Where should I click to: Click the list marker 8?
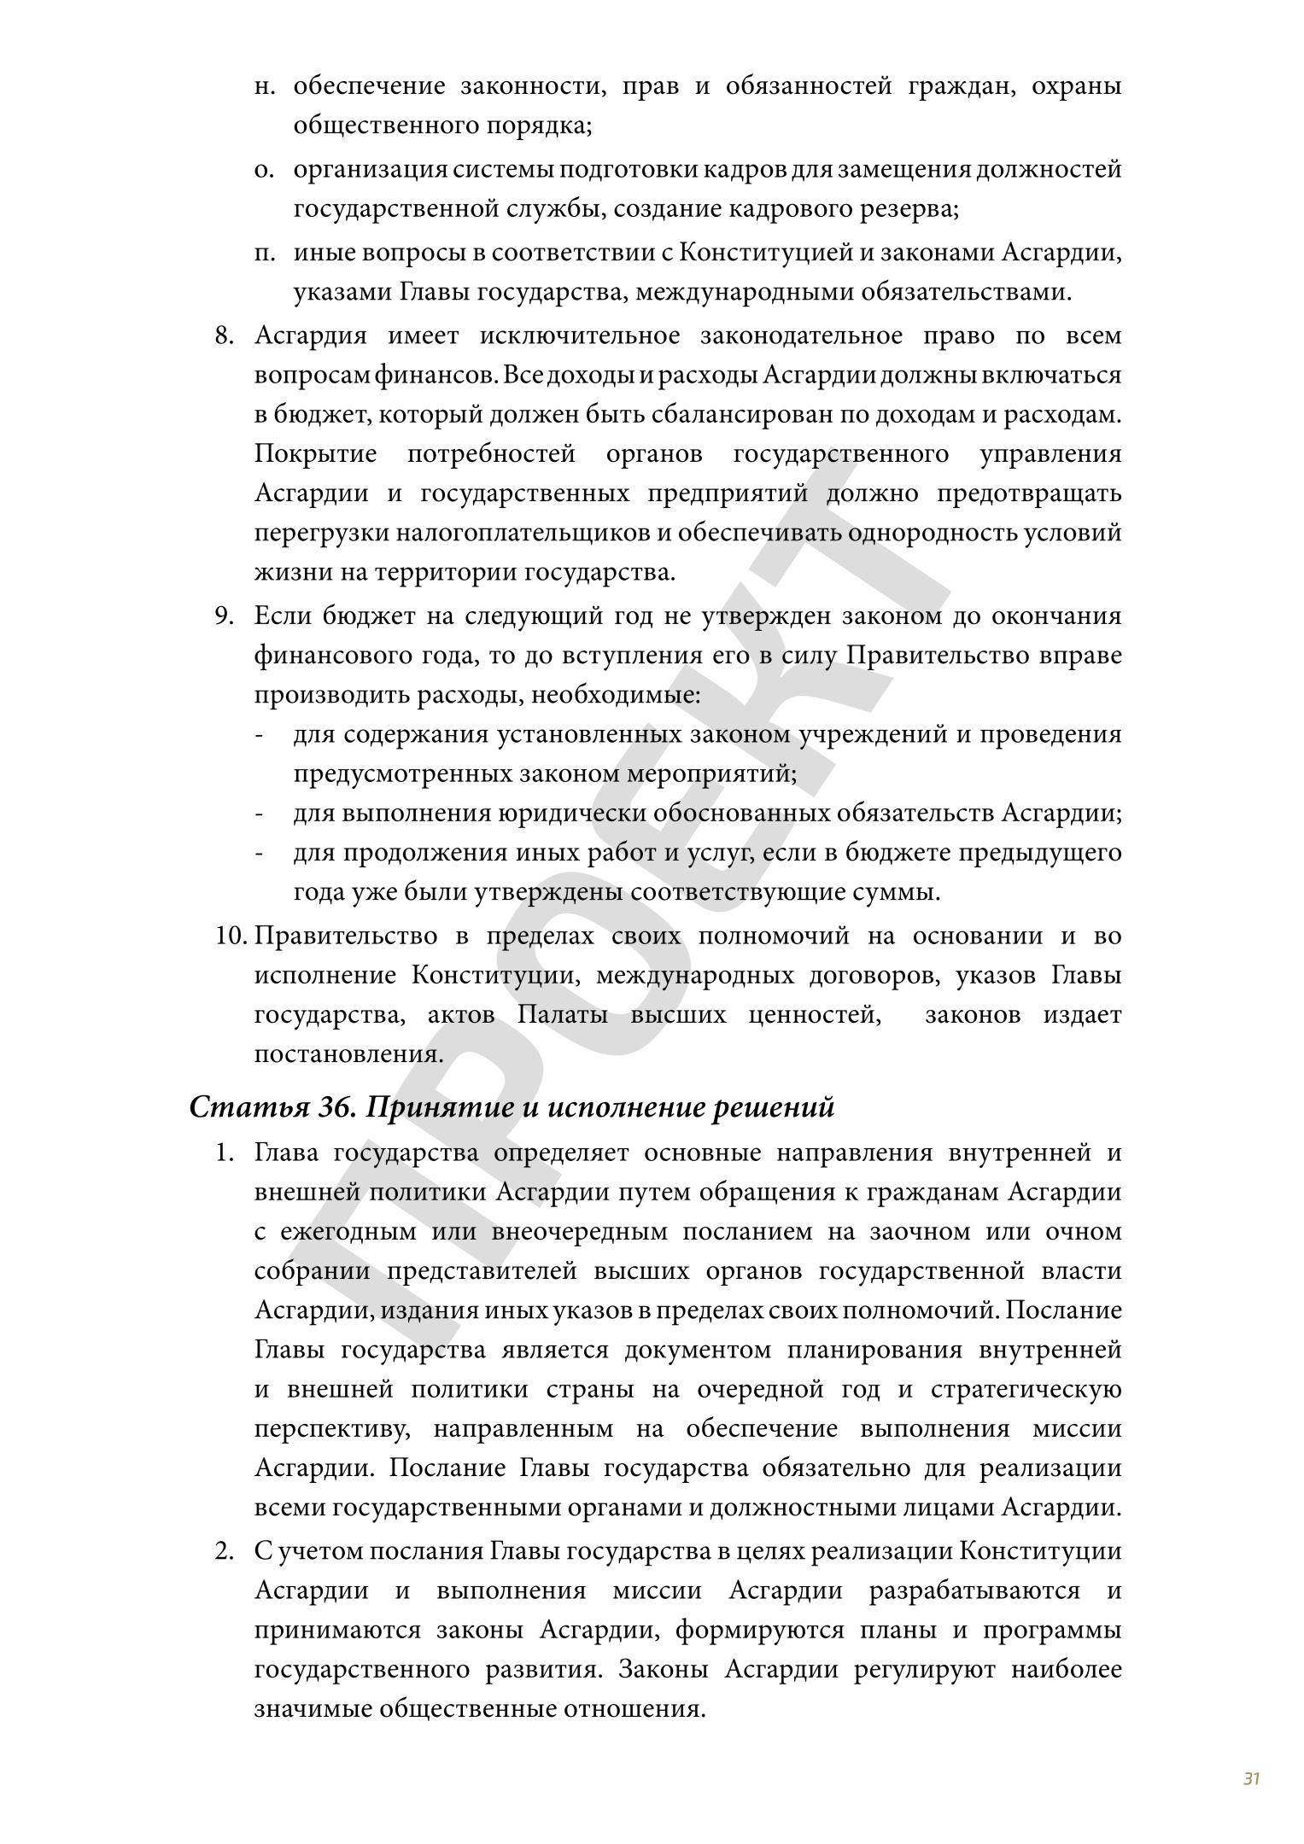pyautogui.click(x=224, y=336)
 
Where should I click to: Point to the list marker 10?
pyautogui.click(x=231, y=937)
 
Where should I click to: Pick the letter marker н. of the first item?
pyautogui.click(x=264, y=86)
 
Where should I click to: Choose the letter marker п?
pyautogui.click(x=264, y=254)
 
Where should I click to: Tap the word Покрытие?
pyautogui.click(x=315, y=454)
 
